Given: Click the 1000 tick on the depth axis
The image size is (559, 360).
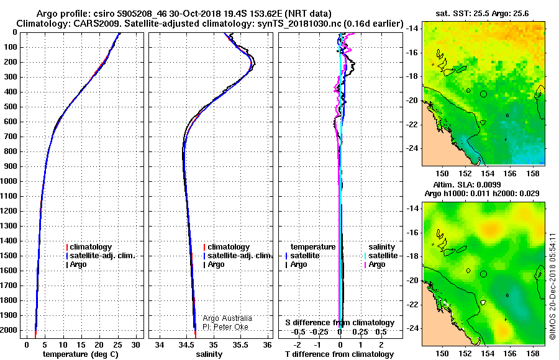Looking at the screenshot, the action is (9, 181).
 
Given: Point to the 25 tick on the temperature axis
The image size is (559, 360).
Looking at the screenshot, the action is (117, 345).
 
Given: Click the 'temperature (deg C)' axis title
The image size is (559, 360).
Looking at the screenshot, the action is (81, 354).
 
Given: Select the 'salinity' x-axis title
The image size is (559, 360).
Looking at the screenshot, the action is (209, 354).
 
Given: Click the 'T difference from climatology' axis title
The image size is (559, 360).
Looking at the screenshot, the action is (339, 354).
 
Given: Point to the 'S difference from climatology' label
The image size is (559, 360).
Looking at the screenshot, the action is (340, 323).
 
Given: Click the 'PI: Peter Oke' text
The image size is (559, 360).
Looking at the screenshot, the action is (225, 327).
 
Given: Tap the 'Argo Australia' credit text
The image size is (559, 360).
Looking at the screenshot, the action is (227, 318).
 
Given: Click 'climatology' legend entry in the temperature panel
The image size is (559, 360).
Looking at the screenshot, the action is (89, 247).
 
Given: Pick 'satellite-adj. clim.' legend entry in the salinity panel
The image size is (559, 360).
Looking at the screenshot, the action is (238, 256).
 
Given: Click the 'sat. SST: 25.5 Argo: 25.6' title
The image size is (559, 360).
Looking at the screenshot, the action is (482, 14).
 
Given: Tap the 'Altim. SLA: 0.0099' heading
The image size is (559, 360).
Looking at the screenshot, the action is (467, 184).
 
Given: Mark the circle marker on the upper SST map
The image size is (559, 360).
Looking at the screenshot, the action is (483, 94).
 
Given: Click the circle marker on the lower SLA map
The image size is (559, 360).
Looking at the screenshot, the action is (483, 274).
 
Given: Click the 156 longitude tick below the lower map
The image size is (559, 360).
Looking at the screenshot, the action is (510, 353).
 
